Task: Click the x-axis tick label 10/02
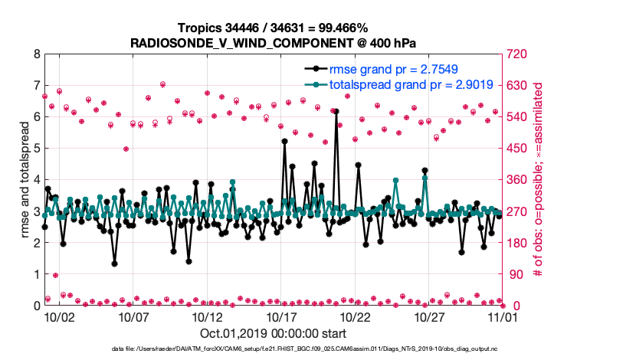[58, 316]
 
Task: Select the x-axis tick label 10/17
[281, 316]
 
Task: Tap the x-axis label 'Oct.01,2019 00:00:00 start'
[273, 333]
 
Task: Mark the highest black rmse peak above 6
[336, 111]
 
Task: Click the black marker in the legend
[313, 70]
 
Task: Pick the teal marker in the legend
[313, 84]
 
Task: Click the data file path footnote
[317, 349]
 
